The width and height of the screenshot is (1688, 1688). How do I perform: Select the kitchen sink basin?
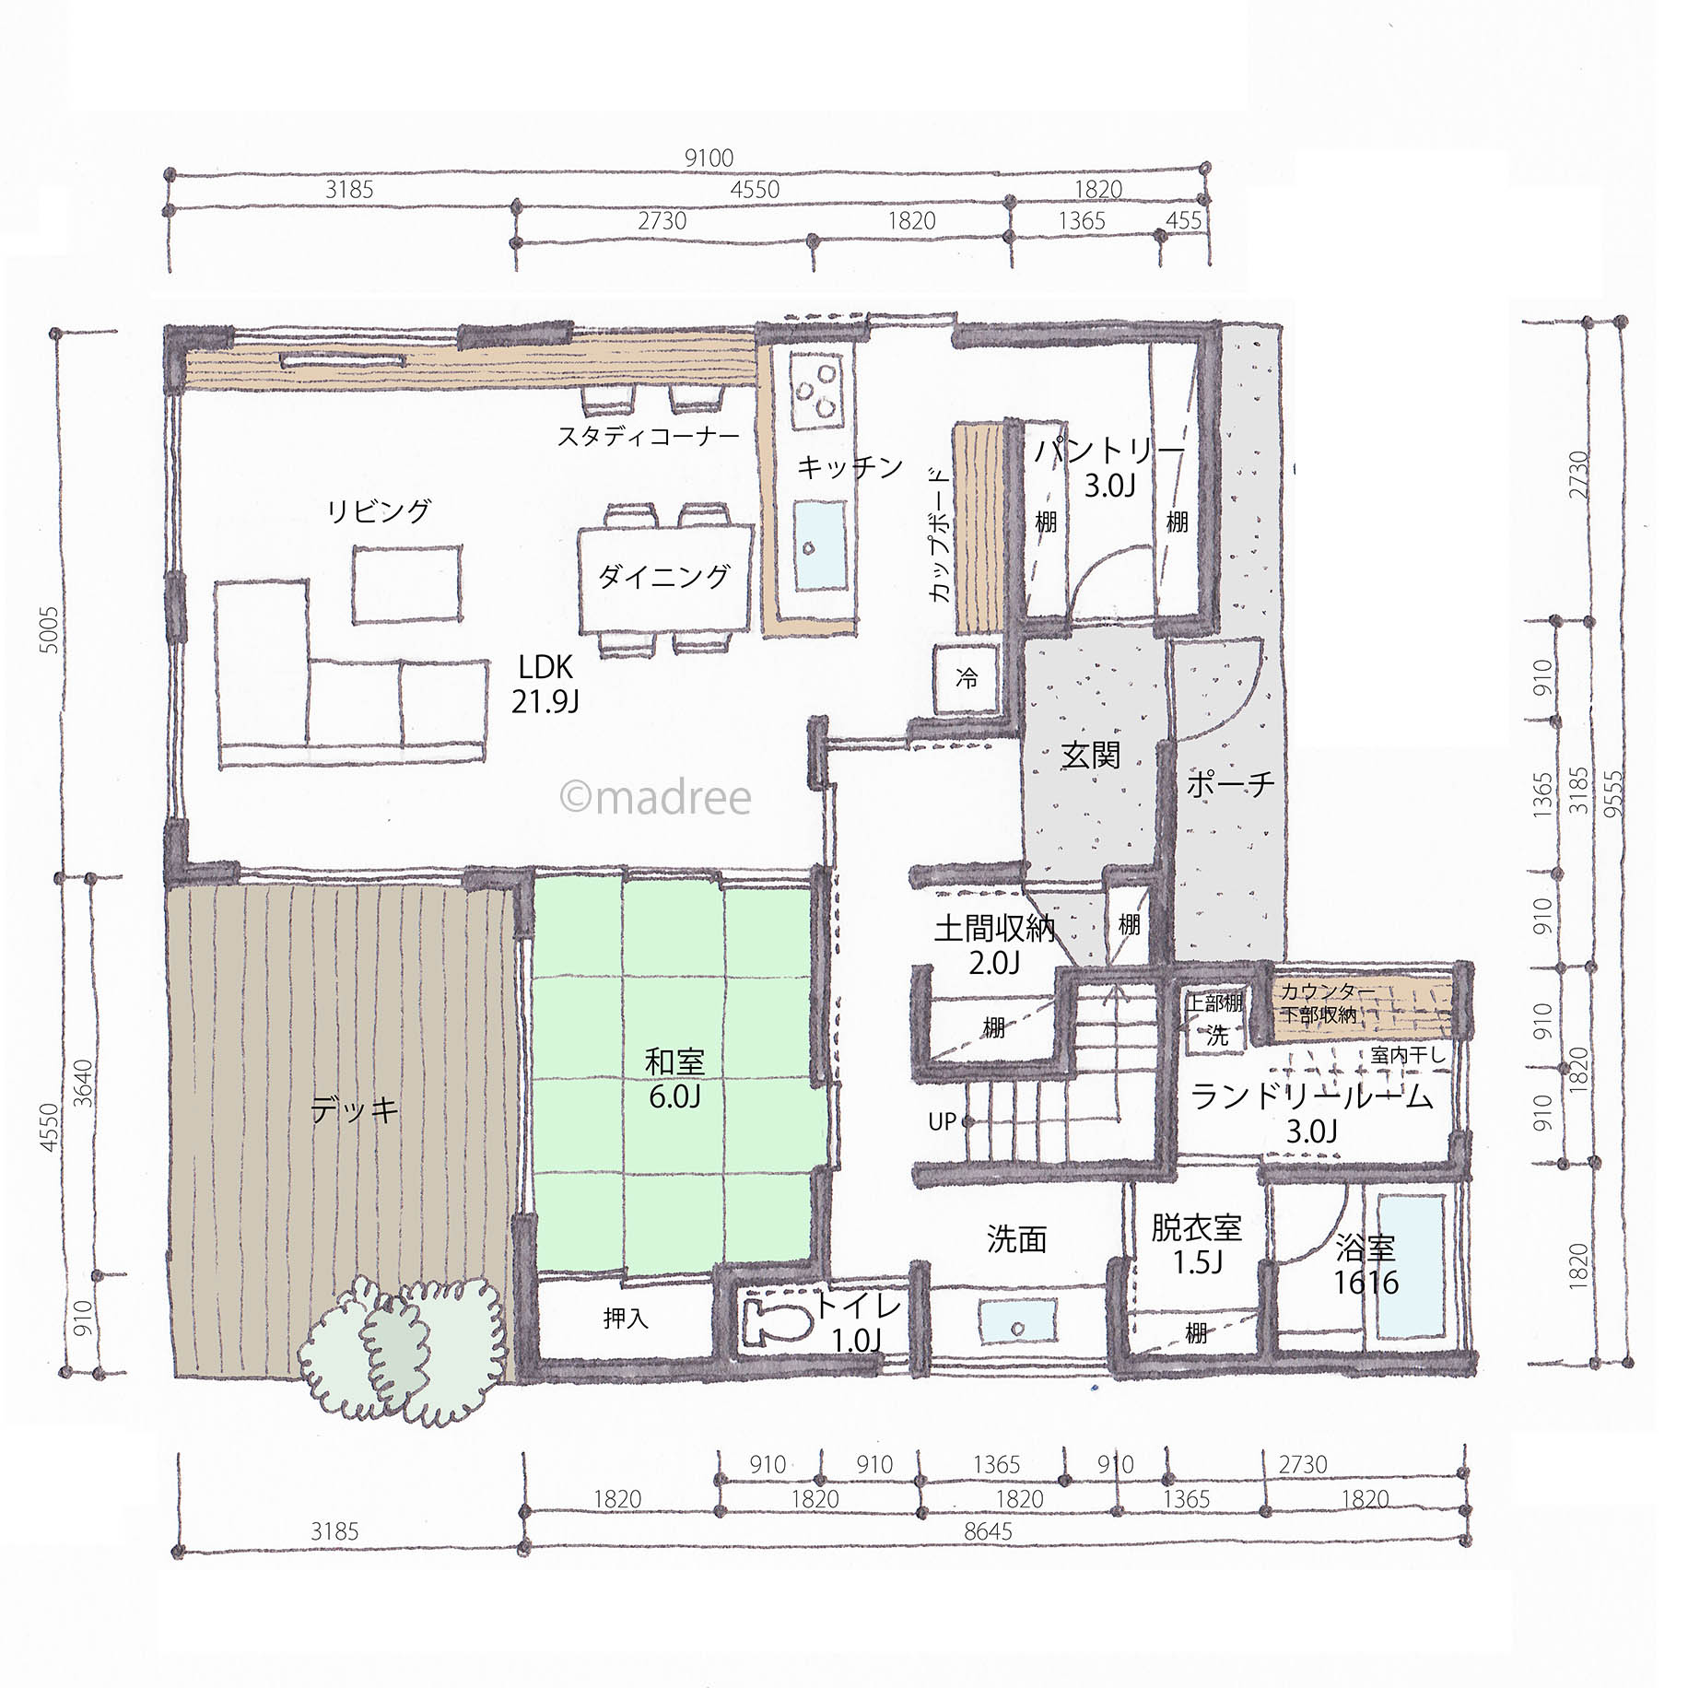(820, 546)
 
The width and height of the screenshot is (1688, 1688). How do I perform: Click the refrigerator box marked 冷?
(967, 680)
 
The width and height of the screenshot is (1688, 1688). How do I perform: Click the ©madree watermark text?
(655, 798)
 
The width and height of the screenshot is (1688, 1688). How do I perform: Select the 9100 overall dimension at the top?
(709, 158)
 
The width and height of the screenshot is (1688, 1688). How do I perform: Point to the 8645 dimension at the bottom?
(988, 1531)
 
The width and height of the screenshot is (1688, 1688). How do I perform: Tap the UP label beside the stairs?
(942, 1121)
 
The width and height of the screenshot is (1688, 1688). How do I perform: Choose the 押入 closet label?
(626, 1319)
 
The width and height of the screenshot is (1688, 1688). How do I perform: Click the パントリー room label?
(1108, 451)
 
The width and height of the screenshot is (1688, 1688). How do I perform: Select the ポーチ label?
(1230, 784)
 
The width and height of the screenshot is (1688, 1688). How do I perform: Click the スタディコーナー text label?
(649, 436)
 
